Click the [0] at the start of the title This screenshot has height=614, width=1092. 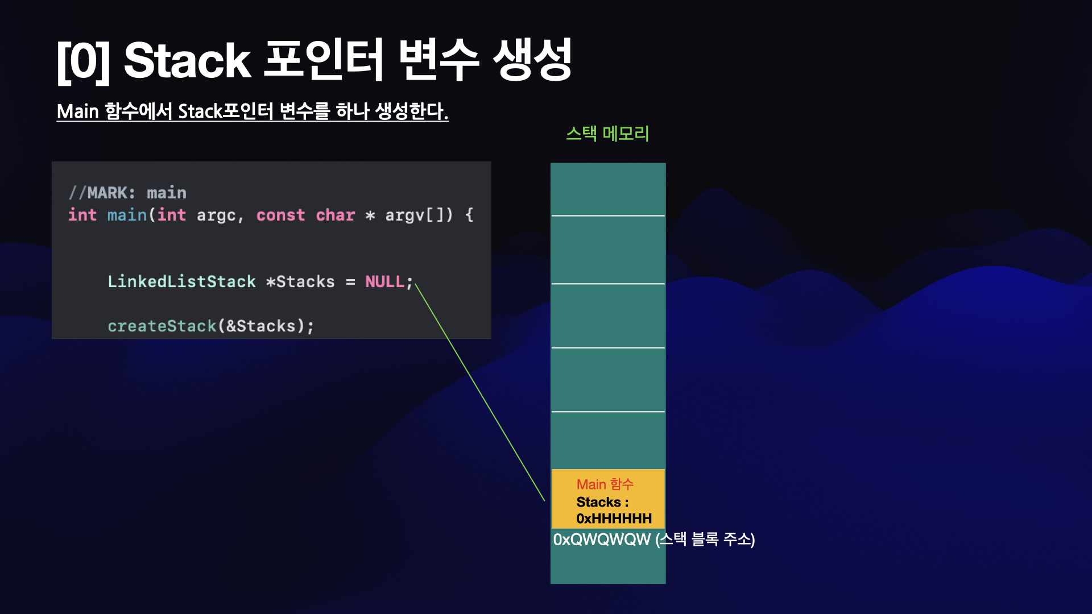pos(83,61)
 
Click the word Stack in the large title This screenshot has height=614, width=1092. pos(187,60)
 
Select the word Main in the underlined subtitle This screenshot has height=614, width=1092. pos(78,111)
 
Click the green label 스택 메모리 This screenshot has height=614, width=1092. pos(607,134)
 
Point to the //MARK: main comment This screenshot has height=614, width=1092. pos(127,193)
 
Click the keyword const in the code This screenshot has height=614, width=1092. pos(280,215)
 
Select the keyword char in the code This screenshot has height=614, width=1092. pos(335,215)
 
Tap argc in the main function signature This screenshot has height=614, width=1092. pos(216,215)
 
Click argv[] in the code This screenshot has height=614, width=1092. pos(416,215)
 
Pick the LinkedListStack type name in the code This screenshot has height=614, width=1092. pos(181,281)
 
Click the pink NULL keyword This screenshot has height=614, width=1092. pos(384,281)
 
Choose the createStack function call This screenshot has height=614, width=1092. pos(162,326)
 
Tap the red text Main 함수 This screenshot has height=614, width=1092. pos(605,484)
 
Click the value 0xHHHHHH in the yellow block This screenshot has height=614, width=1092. pos(614,518)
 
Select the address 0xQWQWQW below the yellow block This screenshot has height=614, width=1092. pos(602,539)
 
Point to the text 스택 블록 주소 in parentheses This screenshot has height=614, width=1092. pos(705,539)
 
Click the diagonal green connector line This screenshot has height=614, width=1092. pos(479,392)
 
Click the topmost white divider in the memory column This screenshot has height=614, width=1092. pos(607,216)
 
